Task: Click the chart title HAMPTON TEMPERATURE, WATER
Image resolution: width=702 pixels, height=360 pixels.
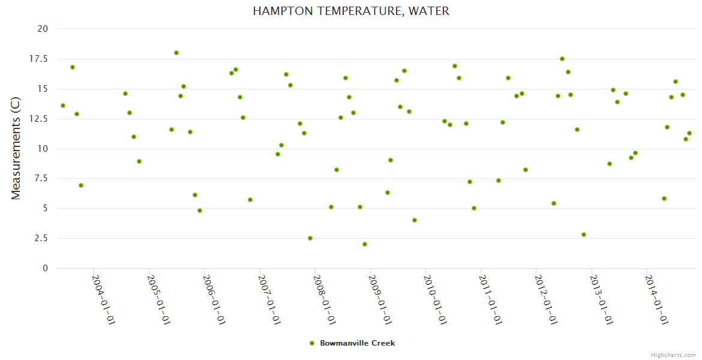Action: coord(351,11)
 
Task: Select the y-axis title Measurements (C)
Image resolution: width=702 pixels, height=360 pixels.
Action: coord(16,148)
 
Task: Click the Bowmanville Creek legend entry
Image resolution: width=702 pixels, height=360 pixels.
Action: coord(352,343)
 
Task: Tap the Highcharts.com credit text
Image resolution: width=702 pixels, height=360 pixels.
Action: coord(673,355)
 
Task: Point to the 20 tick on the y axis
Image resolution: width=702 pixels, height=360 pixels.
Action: coord(43,28)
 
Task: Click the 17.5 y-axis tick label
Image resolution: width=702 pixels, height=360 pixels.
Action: coord(40,58)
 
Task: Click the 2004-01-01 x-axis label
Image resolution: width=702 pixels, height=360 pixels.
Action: coord(103,299)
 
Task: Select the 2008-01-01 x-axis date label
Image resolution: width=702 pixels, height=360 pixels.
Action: coord(324,299)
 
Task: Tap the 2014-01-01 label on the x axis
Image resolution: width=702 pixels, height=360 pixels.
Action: coord(656,299)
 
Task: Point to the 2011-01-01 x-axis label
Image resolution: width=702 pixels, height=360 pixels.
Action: coord(490,299)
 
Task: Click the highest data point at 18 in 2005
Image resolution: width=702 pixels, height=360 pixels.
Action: coord(176,53)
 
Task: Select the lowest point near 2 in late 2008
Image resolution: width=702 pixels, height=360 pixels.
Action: coord(365,244)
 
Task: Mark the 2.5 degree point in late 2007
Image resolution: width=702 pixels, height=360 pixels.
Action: coord(310,238)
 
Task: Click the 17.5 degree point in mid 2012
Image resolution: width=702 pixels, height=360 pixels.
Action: coord(562,59)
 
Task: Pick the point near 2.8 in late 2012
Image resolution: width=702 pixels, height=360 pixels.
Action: coord(584,235)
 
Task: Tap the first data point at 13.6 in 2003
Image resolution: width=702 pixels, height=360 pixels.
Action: coord(63,106)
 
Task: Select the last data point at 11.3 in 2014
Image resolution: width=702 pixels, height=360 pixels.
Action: coord(689,133)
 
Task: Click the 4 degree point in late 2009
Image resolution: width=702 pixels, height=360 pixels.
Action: coord(415,220)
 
